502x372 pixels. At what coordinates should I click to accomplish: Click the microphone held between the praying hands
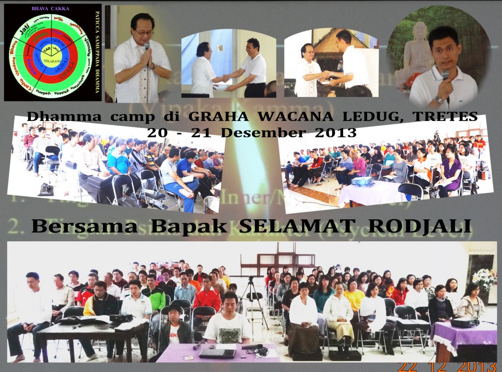pos(147,48)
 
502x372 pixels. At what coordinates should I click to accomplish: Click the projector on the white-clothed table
pos(363,181)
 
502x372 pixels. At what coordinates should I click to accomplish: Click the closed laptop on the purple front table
pos(217,352)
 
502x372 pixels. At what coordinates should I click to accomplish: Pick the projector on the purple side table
pos(463,323)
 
